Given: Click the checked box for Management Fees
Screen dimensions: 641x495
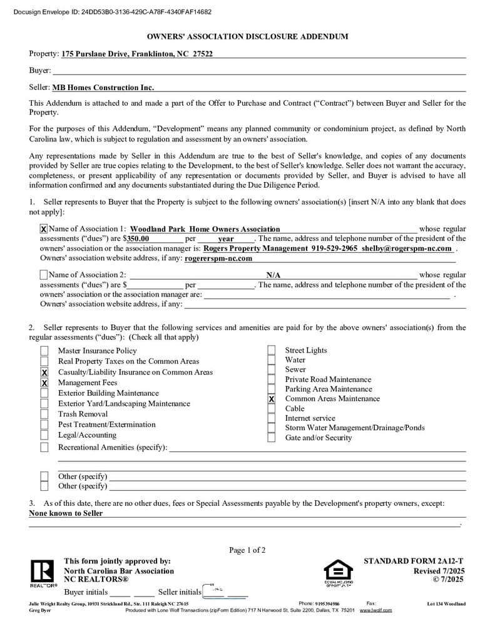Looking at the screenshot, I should coord(44,382).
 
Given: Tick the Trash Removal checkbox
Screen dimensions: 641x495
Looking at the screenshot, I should coord(44,414).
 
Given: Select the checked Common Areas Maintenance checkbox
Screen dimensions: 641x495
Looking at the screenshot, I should coord(272,399).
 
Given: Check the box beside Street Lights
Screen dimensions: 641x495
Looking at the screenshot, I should coord(272,351).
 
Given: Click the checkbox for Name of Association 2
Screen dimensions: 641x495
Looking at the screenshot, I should coord(43,275).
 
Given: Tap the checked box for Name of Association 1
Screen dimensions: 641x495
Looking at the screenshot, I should coord(43,229).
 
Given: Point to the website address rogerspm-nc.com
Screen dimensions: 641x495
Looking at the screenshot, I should coord(218,258).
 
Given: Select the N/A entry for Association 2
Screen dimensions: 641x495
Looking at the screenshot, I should coord(273,275).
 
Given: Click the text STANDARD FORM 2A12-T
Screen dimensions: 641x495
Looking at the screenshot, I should coord(414,561).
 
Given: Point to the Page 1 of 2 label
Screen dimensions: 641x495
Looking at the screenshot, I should coord(247,550).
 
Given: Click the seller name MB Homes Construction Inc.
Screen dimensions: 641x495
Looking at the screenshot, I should coord(103,88).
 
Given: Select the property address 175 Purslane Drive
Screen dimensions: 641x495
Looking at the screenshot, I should coord(137,54).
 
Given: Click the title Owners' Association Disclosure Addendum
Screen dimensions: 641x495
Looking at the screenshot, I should coord(247,37).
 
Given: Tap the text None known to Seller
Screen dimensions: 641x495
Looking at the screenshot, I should coord(66,513).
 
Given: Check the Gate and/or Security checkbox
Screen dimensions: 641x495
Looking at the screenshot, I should coord(272,438).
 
